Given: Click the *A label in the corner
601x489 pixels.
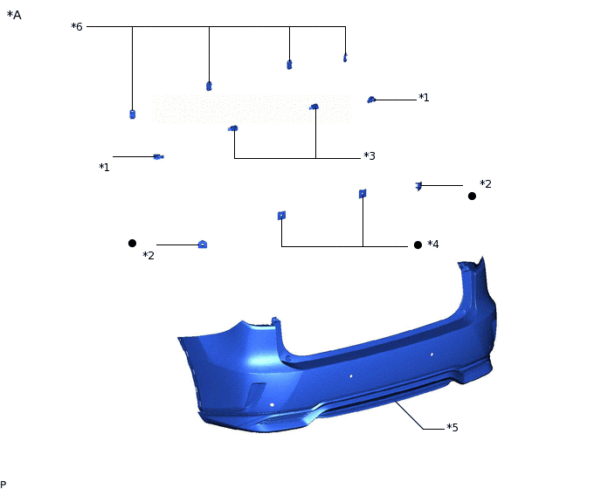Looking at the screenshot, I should coord(14,15).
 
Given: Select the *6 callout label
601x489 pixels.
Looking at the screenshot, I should coord(77,27).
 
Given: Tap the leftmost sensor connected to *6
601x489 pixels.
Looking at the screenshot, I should coord(132,114).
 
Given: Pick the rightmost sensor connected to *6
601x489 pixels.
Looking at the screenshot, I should coord(345,59).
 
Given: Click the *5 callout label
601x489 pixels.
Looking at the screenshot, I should coord(452,428).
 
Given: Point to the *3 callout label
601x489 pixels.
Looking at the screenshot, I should coord(370,156).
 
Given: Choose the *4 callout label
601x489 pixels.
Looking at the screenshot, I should coord(433,244).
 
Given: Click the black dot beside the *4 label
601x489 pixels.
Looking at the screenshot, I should coord(418,245).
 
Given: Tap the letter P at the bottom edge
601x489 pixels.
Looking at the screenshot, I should coord(3,484).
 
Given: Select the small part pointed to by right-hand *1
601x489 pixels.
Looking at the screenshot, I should coord(371,100).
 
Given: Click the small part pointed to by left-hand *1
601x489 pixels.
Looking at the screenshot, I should coord(158,156).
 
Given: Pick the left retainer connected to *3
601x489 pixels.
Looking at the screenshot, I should coord(233,128).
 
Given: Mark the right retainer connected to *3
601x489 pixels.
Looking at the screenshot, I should coord(314,107).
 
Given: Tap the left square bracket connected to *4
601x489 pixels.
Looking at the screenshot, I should coord(281,215).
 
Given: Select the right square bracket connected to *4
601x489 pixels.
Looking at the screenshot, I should coord(362,193).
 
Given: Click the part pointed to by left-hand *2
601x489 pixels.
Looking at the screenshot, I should coord(202,244).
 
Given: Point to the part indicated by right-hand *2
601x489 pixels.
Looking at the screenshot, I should coord(418,185).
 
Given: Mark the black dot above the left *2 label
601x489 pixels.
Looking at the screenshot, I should coord(132,243).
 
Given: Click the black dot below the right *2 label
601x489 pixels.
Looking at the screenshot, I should coord(472,196).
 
